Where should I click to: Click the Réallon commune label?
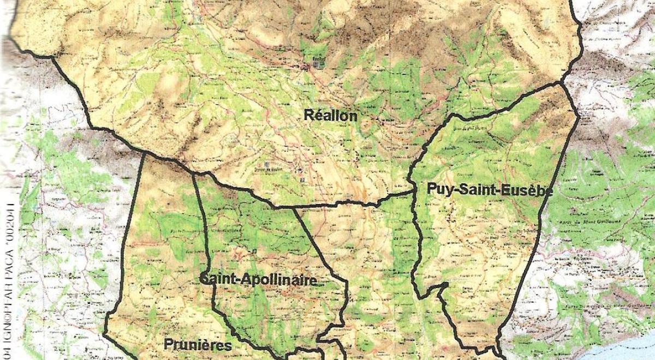pyautogui.click(x=331, y=116)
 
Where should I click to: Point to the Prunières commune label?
pyautogui.click(x=198, y=345)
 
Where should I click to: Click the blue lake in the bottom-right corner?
pyautogui.click(x=628, y=349)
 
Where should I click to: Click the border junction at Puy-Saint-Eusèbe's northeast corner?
pyautogui.click(x=562, y=83)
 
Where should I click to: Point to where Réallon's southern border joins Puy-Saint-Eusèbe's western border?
pyautogui.click(x=413, y=191)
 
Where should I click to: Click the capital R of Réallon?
pyautogui.click(x=308, y=116)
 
